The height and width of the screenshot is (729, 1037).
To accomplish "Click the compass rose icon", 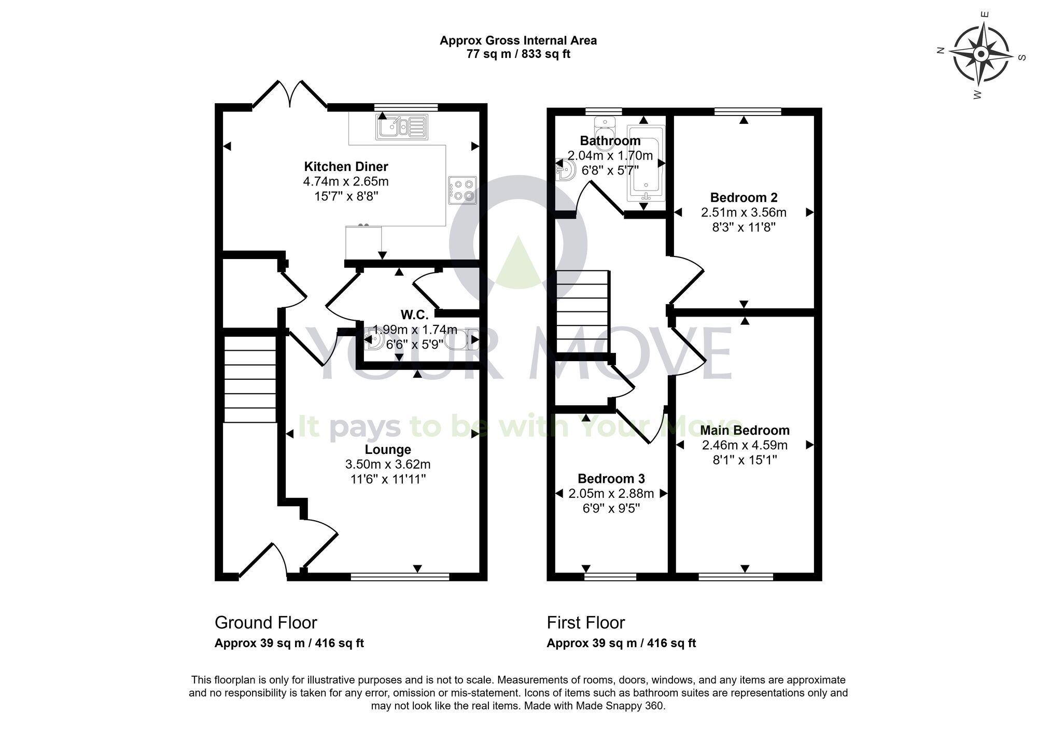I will (x=980, y=54).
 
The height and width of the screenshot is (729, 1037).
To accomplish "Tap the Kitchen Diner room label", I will (x=346, y=166).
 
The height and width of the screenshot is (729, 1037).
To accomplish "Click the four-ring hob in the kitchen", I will (x=463, y=190).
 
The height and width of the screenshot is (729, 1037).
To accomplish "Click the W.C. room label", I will (x=414, y=315).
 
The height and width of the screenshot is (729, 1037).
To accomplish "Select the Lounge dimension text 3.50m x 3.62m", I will (x=388, y=464).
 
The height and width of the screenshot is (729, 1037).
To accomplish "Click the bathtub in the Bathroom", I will (x=646, y=163).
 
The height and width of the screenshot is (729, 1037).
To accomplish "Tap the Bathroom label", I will (x=610, y=140).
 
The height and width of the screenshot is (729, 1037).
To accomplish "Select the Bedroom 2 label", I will (x=744, y=197).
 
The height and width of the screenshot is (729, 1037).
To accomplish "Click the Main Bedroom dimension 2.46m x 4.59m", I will (x=745, y=445).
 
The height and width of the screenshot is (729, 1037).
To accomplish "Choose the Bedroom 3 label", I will (x=611, y=478).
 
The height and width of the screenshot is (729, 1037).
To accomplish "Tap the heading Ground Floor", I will (x=265, y=622).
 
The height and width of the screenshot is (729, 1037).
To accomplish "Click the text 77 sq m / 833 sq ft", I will (x=518, y=54).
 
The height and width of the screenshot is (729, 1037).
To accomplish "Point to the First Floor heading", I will (x=586, y=622).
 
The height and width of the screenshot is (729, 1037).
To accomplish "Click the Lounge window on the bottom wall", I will (x=400, y=576).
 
